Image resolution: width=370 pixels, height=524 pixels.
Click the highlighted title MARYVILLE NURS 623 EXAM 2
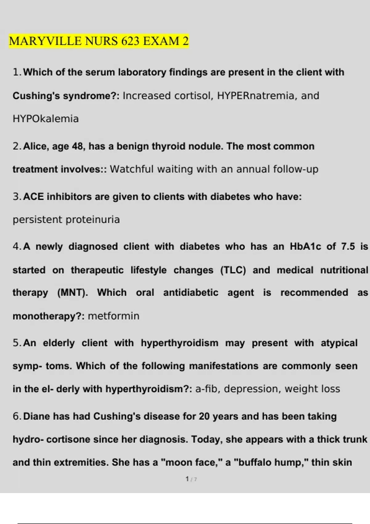99,41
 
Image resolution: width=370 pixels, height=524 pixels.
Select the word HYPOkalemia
46,119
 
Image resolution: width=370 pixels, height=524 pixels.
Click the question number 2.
16,146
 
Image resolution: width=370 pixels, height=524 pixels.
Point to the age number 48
77,146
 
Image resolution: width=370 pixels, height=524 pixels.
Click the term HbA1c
305,247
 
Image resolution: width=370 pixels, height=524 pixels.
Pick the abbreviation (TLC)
233,270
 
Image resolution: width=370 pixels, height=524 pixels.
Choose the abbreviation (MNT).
72,293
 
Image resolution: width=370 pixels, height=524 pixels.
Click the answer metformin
113,316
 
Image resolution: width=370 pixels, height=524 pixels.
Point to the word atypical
339,343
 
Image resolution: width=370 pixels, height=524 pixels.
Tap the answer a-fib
206,389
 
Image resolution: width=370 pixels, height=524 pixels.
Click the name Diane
37,416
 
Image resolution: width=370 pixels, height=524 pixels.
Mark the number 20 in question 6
204,416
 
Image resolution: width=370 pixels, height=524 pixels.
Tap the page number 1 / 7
191,479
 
